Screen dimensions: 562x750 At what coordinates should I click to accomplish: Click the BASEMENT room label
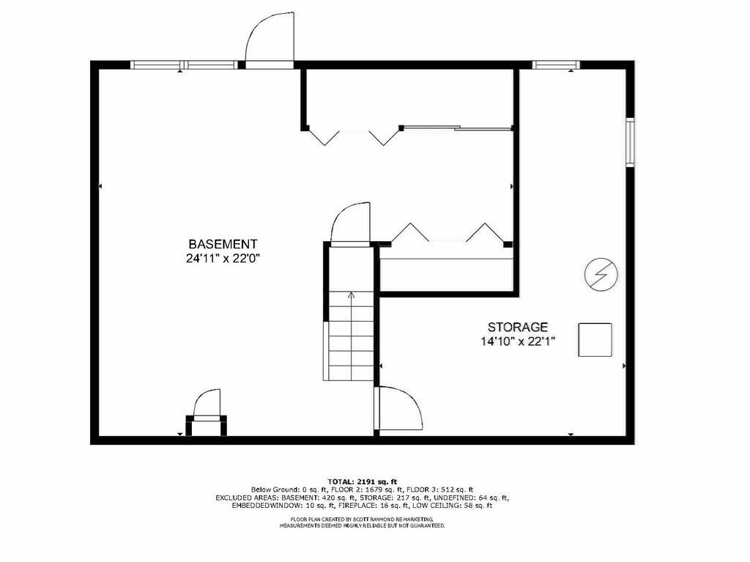(223, 244)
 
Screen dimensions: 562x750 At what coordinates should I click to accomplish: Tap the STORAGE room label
(518, 327)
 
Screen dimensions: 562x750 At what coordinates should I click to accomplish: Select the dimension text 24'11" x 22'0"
(223, 258)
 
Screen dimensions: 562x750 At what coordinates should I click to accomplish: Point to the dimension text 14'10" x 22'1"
(518, 341)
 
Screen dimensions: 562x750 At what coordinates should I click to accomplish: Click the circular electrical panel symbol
(601, 274)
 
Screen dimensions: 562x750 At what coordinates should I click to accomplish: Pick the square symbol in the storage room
(595, 339)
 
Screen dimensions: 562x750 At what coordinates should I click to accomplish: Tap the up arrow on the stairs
(351, 296)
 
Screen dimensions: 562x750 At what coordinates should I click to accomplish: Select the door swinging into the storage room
(399, 409)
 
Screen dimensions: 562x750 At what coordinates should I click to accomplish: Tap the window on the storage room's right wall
(629, 141)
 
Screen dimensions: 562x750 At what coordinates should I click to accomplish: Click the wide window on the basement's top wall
(184, 65)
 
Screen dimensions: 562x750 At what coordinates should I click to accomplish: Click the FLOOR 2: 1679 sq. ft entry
(376, 489)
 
